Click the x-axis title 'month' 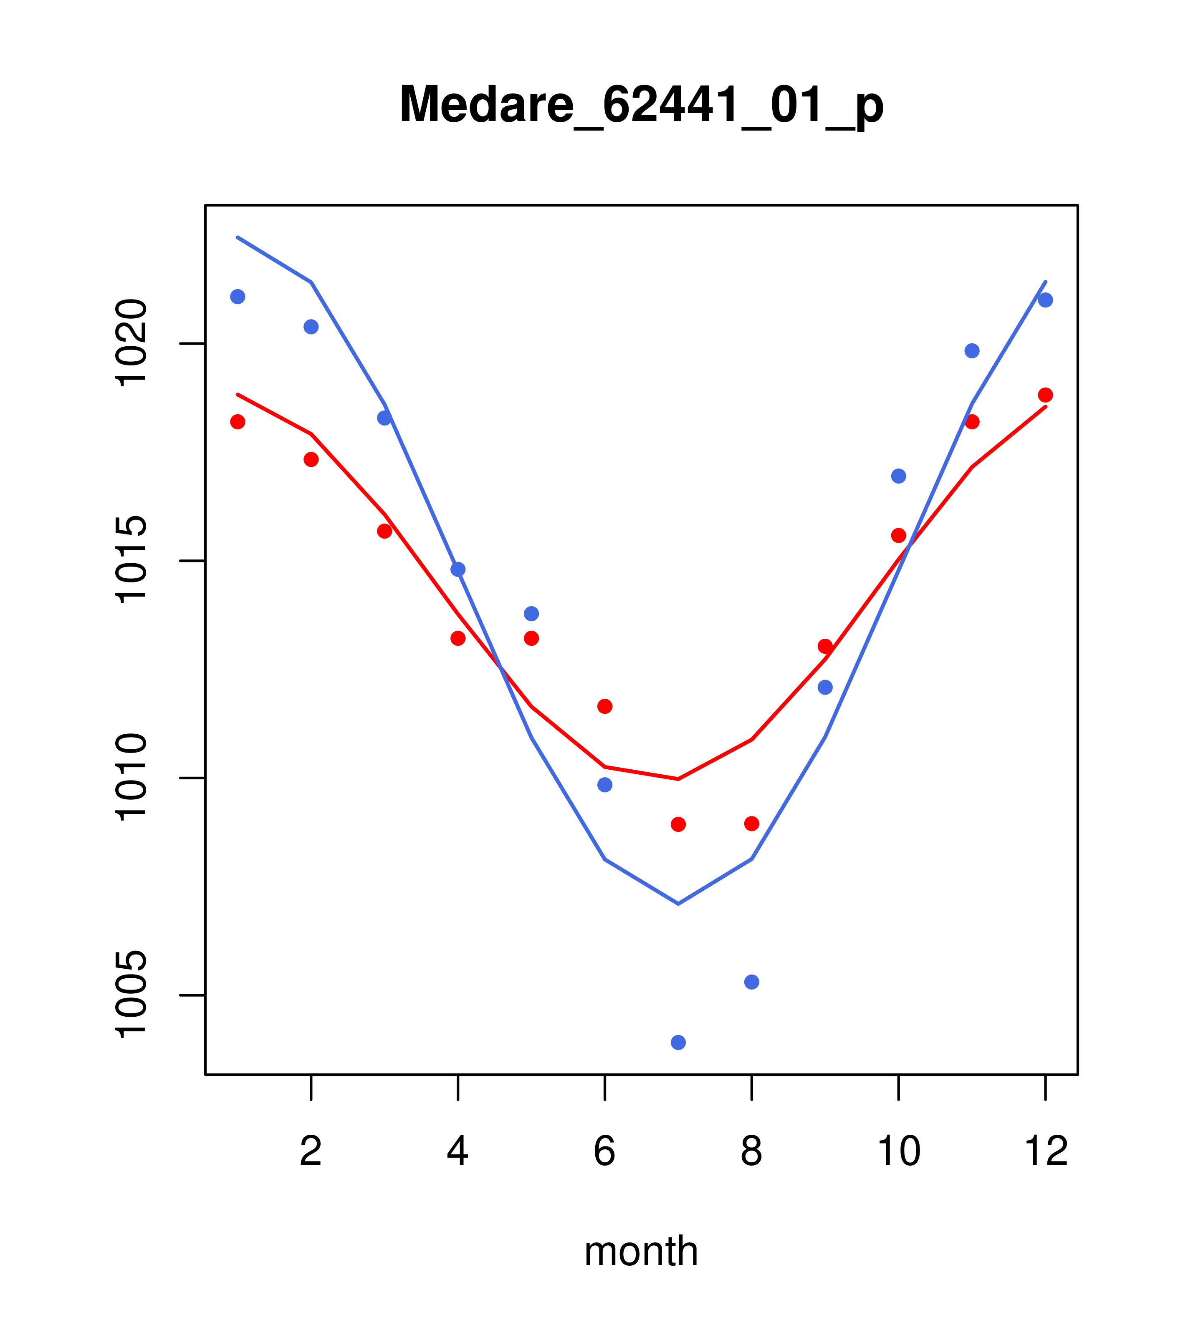pos(641,1251)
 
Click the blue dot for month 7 pos(678,1043)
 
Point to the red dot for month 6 pos(605,706)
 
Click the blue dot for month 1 pos(238,297)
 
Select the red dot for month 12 pos(1046,395)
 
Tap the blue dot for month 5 pos(531,614)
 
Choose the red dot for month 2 pos(311,459)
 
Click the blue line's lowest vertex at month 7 pos(678,904)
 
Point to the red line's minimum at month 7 pos(678,779)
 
